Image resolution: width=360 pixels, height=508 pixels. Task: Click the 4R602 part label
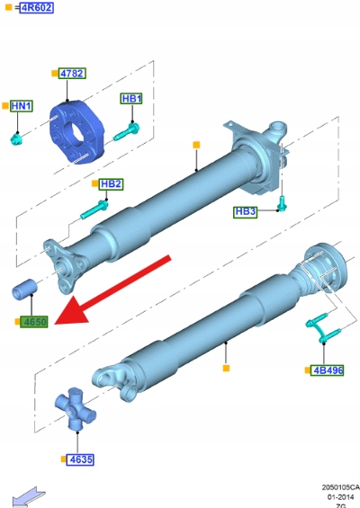(36, 7)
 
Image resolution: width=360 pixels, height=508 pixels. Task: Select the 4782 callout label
(72, 74)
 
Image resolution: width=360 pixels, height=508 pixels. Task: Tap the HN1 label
(22, 106)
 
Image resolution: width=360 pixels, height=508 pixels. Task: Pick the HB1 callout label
(131, 99)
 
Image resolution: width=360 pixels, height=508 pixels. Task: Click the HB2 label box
(112, 184)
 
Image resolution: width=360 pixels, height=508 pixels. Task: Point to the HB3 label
(245, 212)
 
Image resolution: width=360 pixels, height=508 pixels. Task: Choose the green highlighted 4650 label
(34, 322)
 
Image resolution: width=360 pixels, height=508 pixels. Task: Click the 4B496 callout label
(328, 370)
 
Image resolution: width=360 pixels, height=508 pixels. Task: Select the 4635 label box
(80, 459)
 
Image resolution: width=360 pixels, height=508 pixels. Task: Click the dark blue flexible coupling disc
(76, 132)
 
